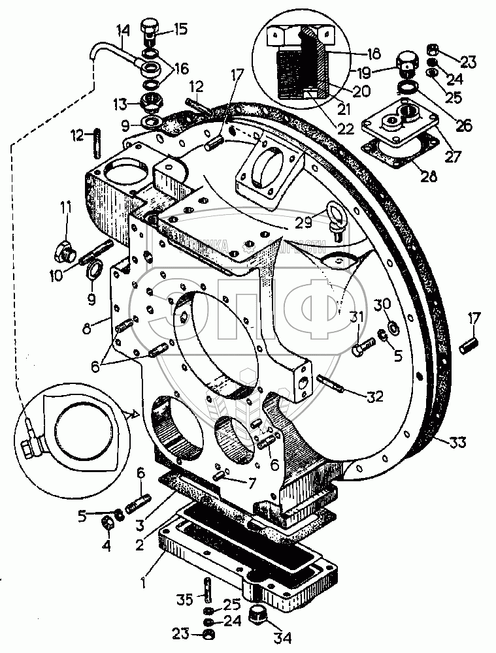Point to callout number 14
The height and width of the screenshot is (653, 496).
coord(124,30)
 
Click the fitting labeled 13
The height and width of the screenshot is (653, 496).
coord(152,103)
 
